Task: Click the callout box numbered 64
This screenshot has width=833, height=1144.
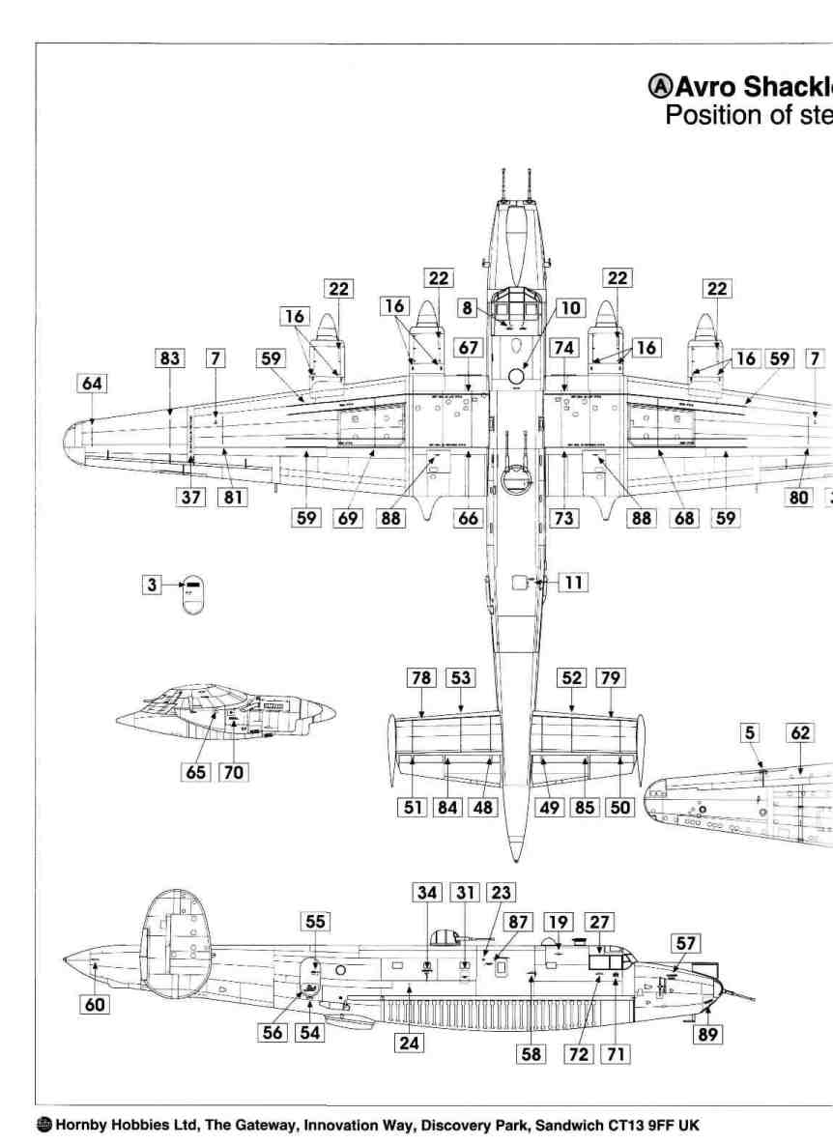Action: pos(93,385)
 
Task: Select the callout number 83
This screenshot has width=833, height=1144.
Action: pos(170,358)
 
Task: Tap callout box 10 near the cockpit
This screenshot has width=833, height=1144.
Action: pos(571,308)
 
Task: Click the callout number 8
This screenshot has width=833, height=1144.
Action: pos(469,308)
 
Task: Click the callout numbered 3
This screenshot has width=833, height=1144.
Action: pos(152,584)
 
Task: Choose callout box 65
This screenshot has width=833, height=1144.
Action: pos(196,773)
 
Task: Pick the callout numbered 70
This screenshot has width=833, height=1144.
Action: pos(233,773)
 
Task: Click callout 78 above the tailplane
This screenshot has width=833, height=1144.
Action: pos(422,678)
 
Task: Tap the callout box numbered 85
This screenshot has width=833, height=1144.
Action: pos(585,807)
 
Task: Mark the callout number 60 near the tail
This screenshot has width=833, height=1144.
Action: pos(95,1005)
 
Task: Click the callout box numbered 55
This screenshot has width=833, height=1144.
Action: pos(316,922)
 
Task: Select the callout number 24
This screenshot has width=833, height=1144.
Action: pos(411,1044)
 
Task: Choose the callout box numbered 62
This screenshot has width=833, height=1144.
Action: pos(801,733)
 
